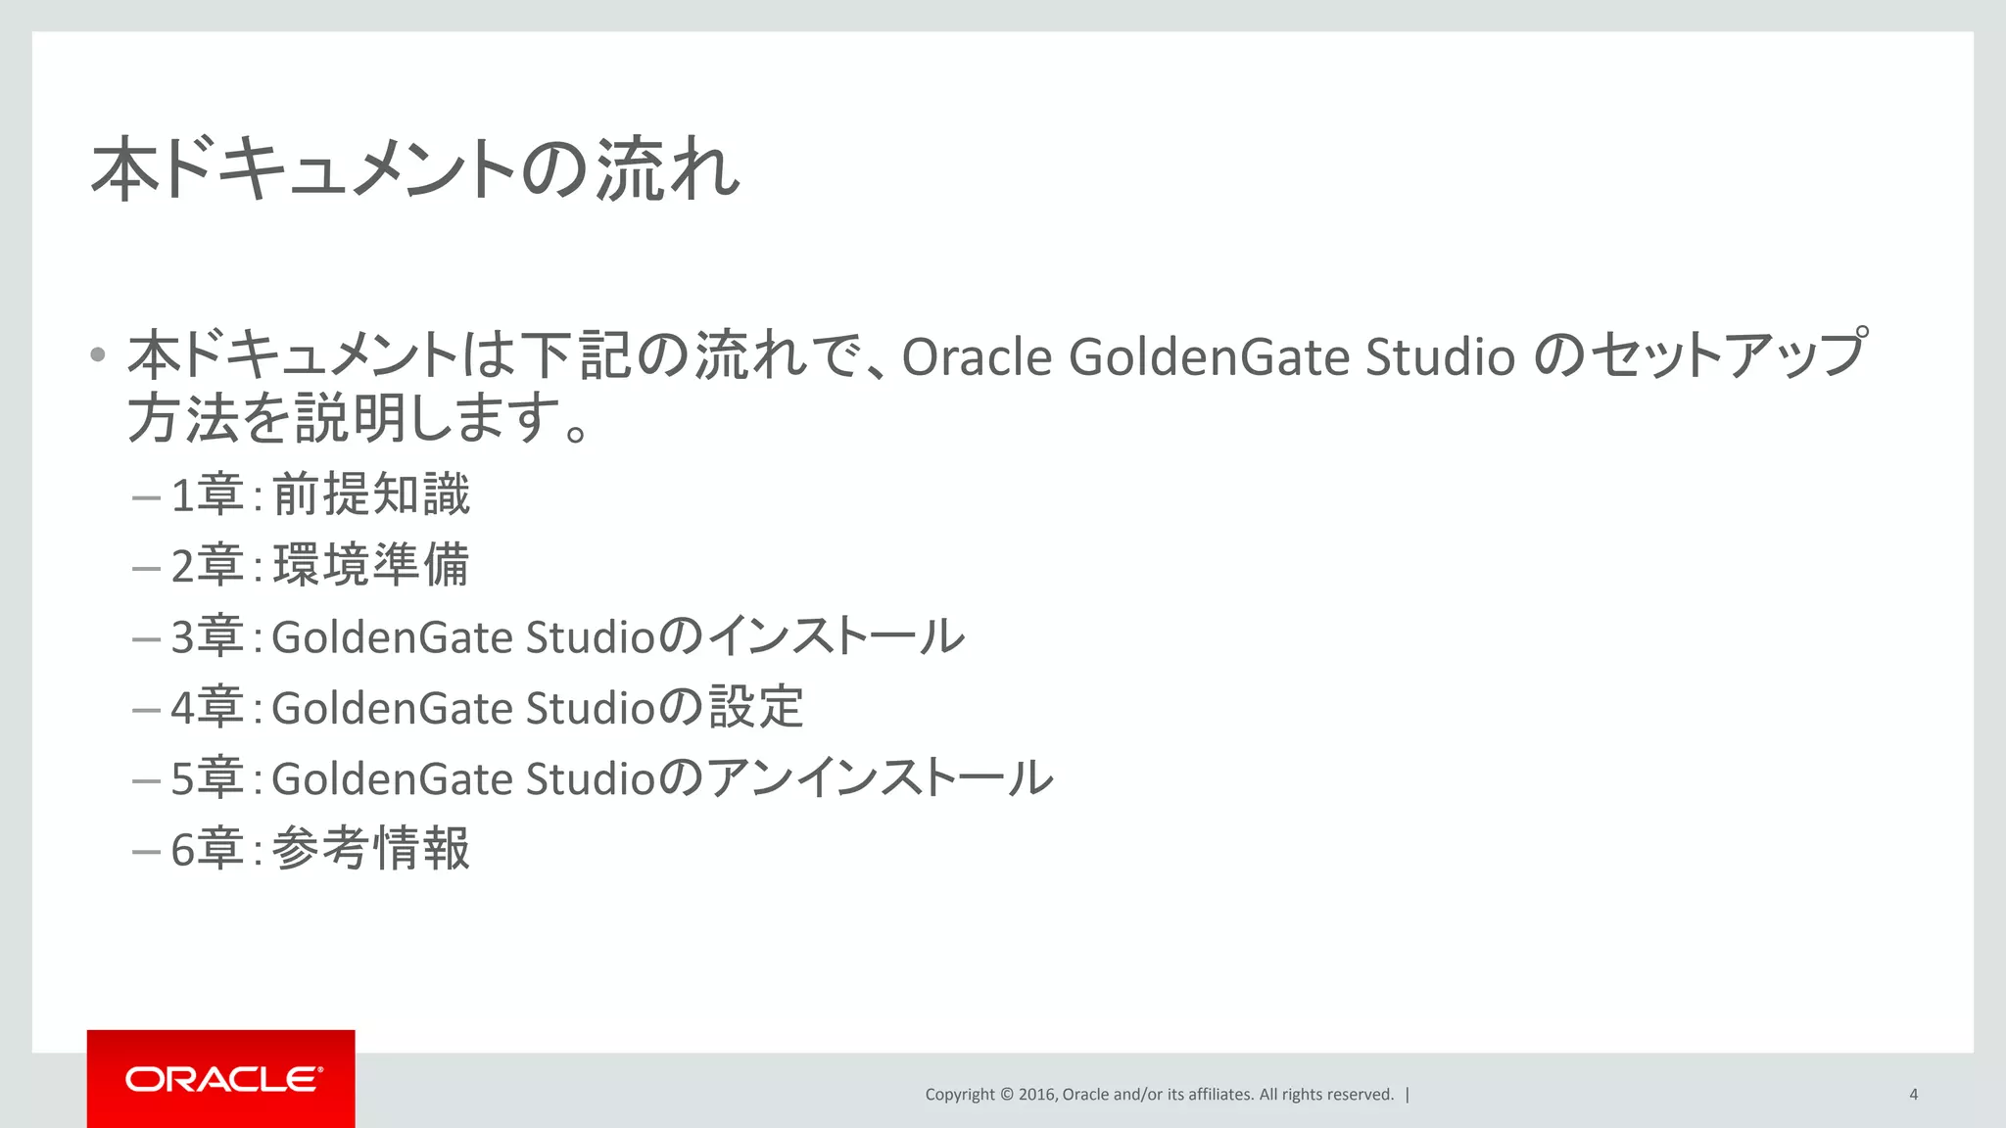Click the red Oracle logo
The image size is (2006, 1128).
(x=221, y=1079)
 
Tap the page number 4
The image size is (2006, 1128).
(x=1913, y=1095)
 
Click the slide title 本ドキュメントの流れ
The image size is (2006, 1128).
(x=415, y=170)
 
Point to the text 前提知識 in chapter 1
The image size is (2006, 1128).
(x=371, y=494)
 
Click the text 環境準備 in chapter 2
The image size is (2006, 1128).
(x=371, y=566)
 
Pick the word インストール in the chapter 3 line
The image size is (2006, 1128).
(x=836, y=636)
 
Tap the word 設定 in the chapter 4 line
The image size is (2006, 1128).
(x=756, y=708)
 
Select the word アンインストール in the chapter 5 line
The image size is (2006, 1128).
(x=880, y=778)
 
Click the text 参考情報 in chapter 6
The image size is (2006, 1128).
(x=371, y=849)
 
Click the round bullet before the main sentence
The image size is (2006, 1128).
(x=97, y=354)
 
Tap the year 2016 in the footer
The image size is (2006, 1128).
(x=1036, y=1095)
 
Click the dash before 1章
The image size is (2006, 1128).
(x=146, y=497)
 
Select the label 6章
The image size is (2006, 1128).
(x=207, y=849)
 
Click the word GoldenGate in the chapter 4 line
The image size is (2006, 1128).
(x=392, y=708)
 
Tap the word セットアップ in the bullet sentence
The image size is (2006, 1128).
(x=1727, y=354)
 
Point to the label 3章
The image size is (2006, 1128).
(x=207, y=636)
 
